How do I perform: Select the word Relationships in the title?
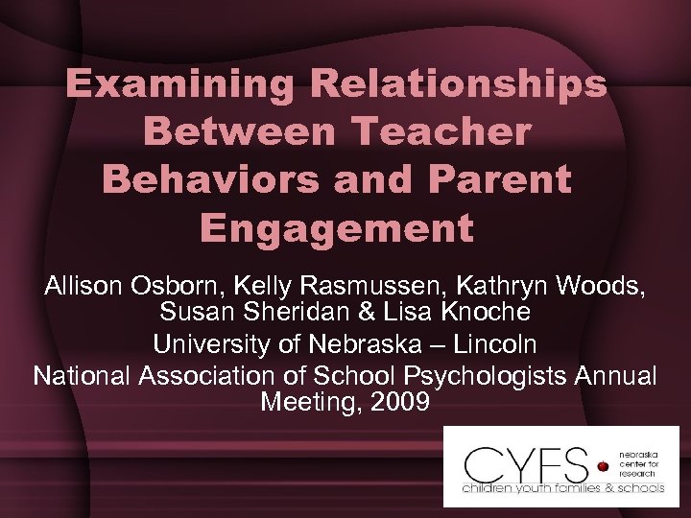pyautogui.click(x=459, y=84)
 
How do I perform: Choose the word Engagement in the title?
pyautogui.click(x=337, y=228)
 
